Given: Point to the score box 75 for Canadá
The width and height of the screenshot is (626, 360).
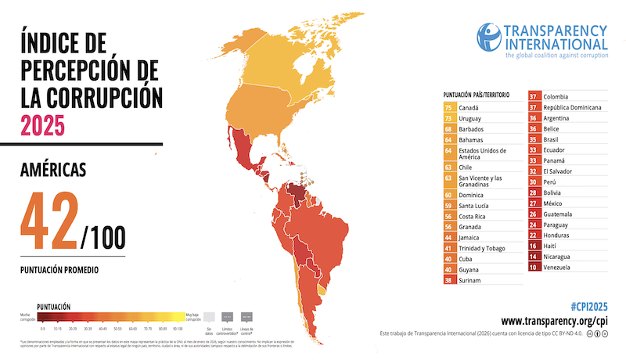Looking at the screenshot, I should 448,106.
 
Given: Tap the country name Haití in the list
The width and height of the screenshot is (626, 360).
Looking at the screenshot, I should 550,246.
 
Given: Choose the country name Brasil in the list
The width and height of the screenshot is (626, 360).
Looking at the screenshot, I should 551,139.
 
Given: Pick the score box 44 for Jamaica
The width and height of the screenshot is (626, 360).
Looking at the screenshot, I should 448,236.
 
